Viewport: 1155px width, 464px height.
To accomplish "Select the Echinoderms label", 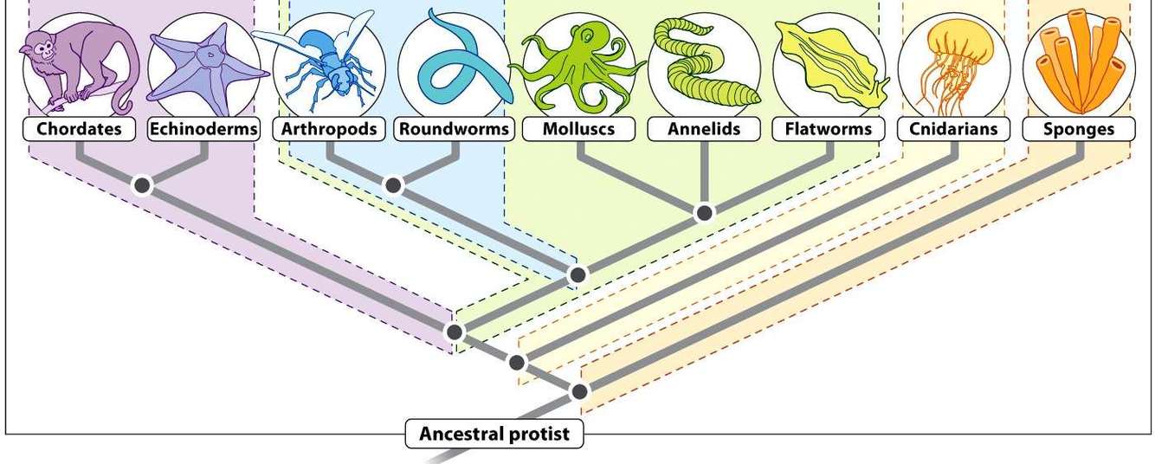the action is pyautogui.click(x=204, y=130).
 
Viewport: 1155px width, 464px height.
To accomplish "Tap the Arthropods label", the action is pyautogui.click(x=330, y=130).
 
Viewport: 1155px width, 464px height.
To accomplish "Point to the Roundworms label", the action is pyautogui.click(x=455, y=130).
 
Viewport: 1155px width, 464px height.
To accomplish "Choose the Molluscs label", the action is pyautogui.click(x=578, y=130).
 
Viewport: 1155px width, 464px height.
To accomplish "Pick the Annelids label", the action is pyautogui.click(x=704, y=130).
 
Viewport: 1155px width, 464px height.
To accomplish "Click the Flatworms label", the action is pyautogui.click(x=829, y=130).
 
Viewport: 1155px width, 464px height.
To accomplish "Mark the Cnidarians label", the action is pyautogui.click(x=953, y=130).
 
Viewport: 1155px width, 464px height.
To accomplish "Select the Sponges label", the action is pyautogui.click(x=1079, y=130).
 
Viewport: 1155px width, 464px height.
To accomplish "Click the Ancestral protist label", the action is pyautogui.click(x=494, y=434).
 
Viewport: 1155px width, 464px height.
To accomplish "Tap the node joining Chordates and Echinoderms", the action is pyautogui.click(x=142, y=185).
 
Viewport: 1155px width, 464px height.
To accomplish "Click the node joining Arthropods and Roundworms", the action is pyautogui.click(x=393, y=185).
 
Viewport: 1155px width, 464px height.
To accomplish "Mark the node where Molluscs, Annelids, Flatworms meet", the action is pyautogui.click(x=705, y=213).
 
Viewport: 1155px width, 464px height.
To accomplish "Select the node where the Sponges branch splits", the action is pyautogui.click(x=580, y=391).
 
